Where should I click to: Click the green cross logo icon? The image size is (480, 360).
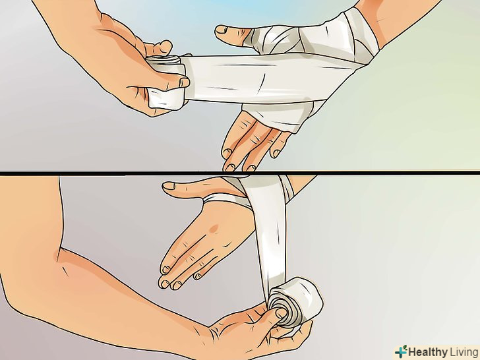pos(401,351)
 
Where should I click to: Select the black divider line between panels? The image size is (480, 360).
pos(240,173)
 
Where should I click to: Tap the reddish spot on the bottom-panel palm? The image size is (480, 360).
pos(214,228)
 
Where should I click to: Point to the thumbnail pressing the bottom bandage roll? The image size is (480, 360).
pos(281,313)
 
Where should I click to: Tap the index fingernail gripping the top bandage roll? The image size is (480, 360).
pos(185,82)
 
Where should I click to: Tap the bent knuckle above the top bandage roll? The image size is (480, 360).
pos(163,47)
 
